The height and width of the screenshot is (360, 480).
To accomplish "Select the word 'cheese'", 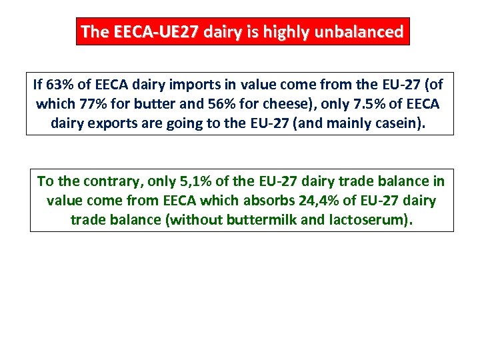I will (277, 104).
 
